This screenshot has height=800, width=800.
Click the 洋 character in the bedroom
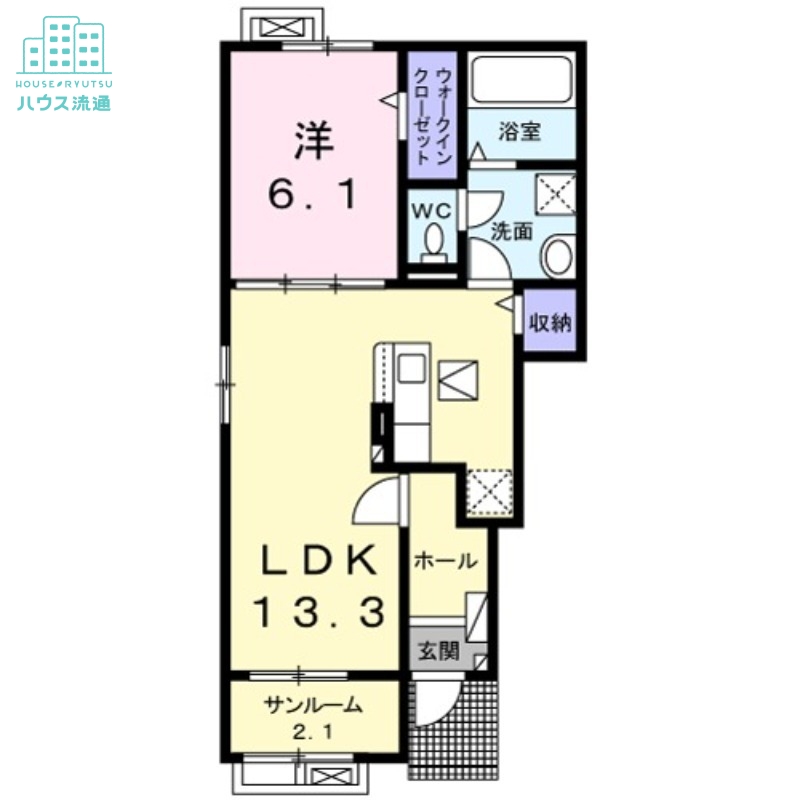tap(314, 139)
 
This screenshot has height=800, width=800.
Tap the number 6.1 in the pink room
tap(312, 195)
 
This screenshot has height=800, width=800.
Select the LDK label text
tap(320, 560)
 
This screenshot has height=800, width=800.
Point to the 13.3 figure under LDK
tap(319, 613)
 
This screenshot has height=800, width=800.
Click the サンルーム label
tap(313, 706)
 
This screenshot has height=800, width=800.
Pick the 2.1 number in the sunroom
tap(313, 733)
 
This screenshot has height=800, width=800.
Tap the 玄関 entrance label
tap(439, 651)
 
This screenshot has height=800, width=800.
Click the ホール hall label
tap(445, 561)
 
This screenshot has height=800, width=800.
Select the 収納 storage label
tap(550, 322)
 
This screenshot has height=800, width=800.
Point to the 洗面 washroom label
tap(512, 232)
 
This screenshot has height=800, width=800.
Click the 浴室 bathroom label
tap(519, 132)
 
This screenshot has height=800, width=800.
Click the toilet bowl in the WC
tap(434, 242)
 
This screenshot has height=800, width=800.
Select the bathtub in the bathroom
tap(522, 79)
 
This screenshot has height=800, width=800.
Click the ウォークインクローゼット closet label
tap(431, 117)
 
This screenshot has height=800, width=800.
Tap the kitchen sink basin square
tap(411, 368)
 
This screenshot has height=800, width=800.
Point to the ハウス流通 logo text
tap(64, 103)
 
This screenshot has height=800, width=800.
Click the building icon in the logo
tap(64, 44)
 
